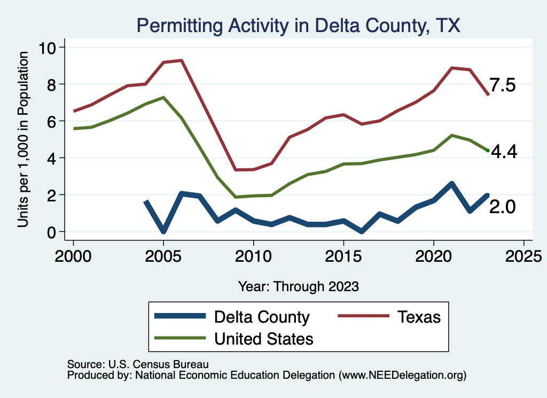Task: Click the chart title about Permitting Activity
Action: tap(298, 25)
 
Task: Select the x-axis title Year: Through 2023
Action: tap(298, 286)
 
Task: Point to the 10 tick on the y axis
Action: tap(50, 48)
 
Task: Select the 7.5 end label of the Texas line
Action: tap(503, 85)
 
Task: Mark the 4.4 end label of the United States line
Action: tap(503, 152)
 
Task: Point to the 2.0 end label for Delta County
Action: tap(503, 207)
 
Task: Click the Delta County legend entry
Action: tap(261, 317)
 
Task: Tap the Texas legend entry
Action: tap(419, 317)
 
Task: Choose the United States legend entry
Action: tap(263, 338)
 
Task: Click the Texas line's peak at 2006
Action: tap(182, 60)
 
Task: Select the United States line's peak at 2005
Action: tap(163, 97)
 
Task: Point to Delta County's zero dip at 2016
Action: tap(362, 231)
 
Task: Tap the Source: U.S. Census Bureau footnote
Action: tap(137, 364)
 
